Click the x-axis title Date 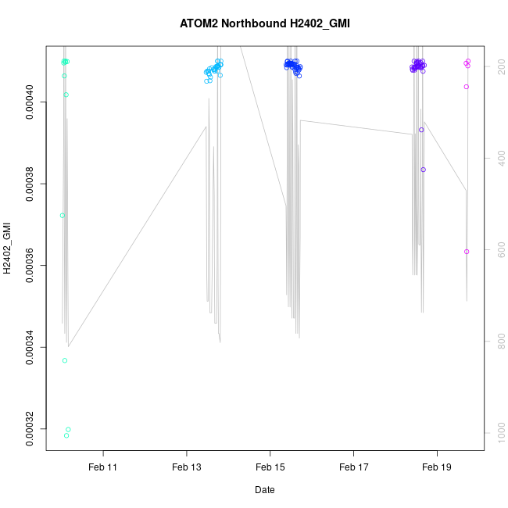(264, 490)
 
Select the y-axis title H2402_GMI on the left (7, 249)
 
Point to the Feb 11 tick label (102, 467)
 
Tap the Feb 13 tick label (186, 467)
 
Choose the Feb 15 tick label (270, 467)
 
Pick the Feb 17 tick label (353, 467)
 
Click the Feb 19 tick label (437, 467)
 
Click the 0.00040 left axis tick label (29, 102)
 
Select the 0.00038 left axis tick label (29, 184)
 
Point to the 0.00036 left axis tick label (29, 266)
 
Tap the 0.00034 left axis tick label (29, 347)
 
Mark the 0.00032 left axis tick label (29, 428)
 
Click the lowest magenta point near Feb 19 (467, 252)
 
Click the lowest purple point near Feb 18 (424, 170)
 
